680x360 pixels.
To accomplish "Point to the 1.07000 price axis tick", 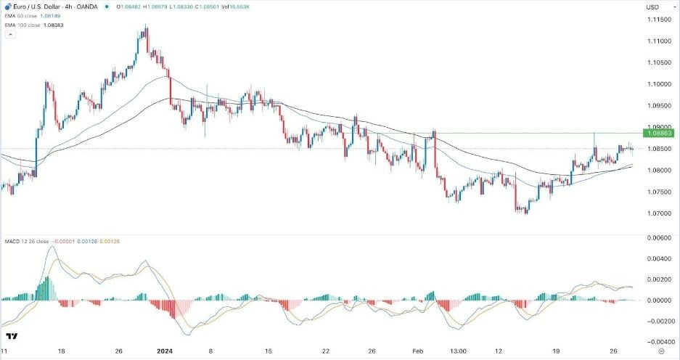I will pos(658,214).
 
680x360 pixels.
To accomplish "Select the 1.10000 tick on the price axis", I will pos(658,84).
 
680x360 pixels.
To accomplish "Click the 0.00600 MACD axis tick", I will pos(658,237).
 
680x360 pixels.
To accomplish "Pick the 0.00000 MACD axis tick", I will pos(658,300).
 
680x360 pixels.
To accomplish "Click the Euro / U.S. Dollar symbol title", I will pos(37,7).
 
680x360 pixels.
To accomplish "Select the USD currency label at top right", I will pos(652,7).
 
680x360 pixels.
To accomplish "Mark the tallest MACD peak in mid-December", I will pos(51,247).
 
